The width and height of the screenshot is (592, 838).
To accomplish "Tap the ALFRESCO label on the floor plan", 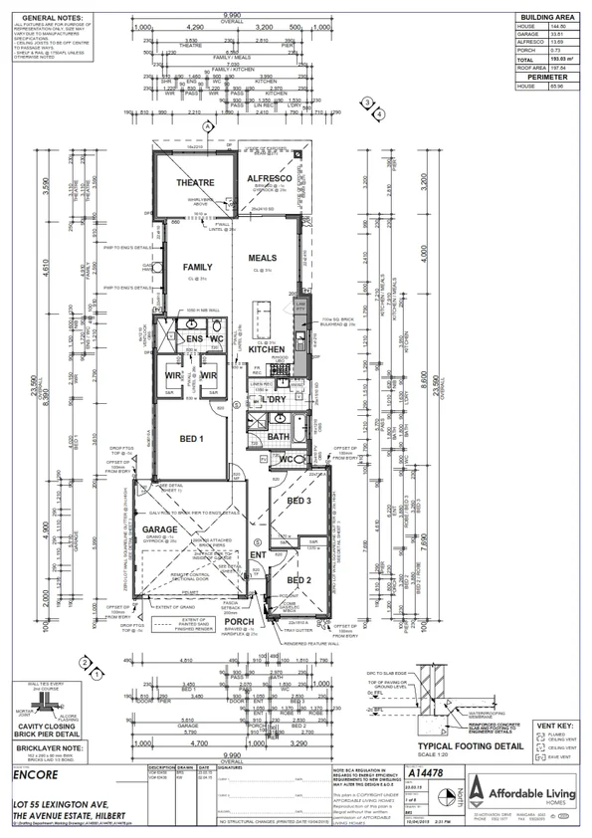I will coord(267,177).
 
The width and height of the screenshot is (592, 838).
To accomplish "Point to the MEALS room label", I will coord(262,258).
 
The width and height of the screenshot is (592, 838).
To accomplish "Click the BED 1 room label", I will coord(192,438).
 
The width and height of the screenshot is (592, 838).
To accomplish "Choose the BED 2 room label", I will coord(298,579).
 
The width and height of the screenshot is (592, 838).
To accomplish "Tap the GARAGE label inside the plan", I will coord(161,528).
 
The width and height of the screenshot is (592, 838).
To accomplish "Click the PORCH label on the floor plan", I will coord(240,622).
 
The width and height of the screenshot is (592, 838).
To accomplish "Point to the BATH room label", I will coord(278,435).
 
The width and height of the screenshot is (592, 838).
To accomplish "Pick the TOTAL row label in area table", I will coord(527,61).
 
